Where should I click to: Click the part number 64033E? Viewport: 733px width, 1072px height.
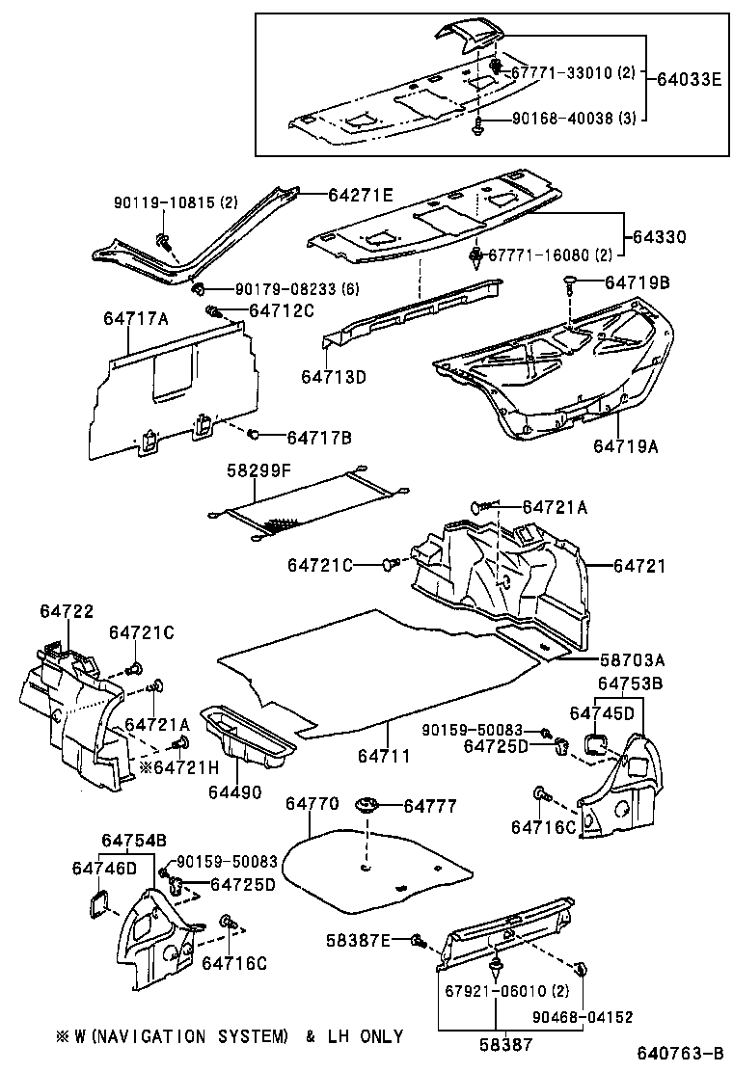tap(688, 79)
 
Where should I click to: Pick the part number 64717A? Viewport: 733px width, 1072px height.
tap(136, 317)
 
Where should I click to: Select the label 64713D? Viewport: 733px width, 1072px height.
tap(333, 376)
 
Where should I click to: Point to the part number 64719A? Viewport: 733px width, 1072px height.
tap(626, 445)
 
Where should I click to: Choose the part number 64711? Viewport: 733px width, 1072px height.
tap(387, 756)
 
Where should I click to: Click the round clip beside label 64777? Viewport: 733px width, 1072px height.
tap(366, 806)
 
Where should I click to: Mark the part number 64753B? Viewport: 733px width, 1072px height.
tap(631, 683)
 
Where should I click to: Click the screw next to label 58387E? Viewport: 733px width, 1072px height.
tap(418, 940)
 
